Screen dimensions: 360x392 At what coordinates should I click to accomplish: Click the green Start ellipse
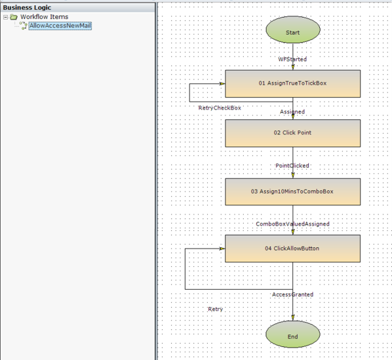(x=292, y=32)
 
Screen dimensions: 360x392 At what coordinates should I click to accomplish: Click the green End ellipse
(x=292, y=336)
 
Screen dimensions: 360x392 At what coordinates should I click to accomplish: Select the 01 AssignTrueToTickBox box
(x=292, y=83)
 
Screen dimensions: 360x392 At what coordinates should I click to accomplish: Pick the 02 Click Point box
(x=292, y=132)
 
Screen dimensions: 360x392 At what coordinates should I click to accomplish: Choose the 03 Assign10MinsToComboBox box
(x=292, y=191)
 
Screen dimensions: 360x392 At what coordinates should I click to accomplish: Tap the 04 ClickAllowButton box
(x=292, y=249)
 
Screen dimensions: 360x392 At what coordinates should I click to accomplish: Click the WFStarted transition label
(x=292, y=59)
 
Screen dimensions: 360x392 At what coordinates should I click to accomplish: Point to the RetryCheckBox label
(x=220, y=108)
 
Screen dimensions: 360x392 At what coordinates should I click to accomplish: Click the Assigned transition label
(x=292, y=112)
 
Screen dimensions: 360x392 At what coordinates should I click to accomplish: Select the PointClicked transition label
(x=292, y=166)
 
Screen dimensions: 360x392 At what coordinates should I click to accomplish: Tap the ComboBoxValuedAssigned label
(x=292, y=224)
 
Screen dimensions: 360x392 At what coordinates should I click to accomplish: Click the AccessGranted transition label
(x=292, y=294)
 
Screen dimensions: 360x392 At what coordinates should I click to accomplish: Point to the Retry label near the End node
(x=215, y=309)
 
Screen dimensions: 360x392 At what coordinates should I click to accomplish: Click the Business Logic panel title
(x=27, y=7)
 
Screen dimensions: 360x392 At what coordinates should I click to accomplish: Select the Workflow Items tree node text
(x=44, y=17)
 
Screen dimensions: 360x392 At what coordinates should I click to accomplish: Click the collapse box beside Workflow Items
(x=6, y=17)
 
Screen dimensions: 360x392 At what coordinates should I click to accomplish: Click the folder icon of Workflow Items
(x=14, y=17)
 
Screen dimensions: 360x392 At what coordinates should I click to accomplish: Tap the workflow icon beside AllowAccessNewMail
(x=22, y=26)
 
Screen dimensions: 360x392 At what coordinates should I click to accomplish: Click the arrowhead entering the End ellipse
(x=293, y=318)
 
